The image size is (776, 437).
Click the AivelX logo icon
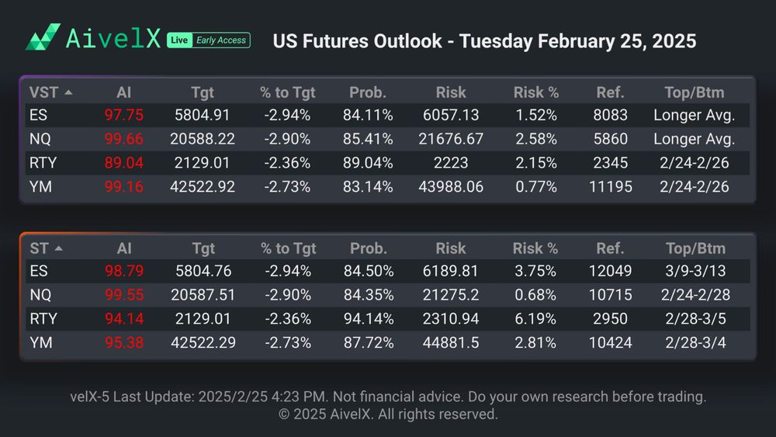43,37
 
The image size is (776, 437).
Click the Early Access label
220,40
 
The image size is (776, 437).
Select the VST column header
43,92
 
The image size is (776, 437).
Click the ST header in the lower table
39,248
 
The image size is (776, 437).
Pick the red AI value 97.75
123,116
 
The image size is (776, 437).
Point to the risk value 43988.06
450,186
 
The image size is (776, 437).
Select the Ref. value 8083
611,116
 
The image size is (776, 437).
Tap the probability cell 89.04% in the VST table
368,163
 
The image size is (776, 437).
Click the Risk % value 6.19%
535,318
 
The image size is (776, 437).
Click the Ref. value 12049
611,272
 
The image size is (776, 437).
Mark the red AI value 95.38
123,342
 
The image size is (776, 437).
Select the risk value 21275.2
450,295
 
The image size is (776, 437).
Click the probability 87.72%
368,342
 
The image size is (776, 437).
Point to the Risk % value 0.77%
535,186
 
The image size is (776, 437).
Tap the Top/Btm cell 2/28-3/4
695,342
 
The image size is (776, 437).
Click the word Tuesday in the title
492,40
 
